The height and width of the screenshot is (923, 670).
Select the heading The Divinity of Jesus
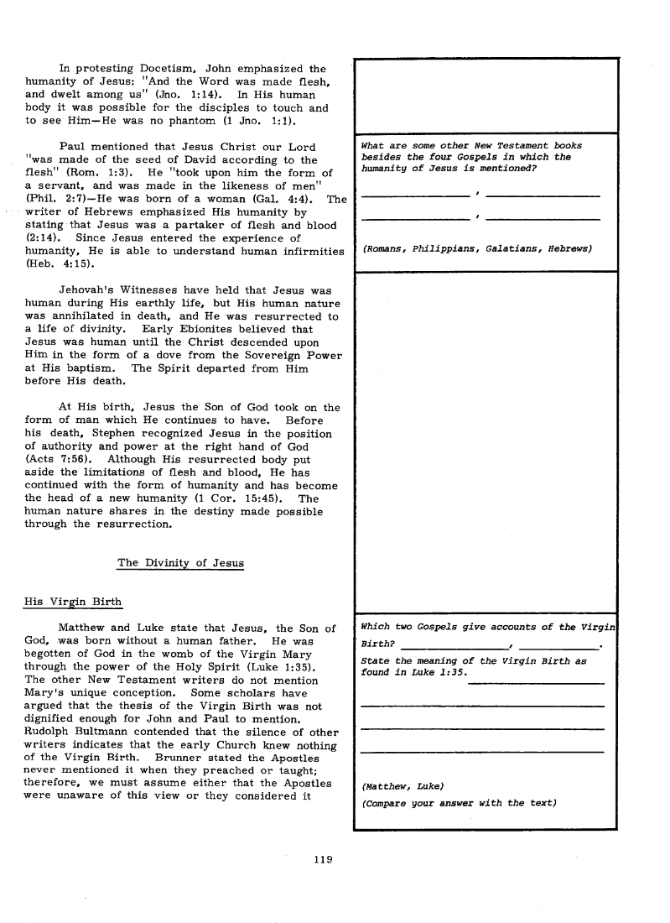pos(180,562)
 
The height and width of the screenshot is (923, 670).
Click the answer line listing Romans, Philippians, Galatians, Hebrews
pos(477,249)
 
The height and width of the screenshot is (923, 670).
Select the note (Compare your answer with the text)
pos(459,803)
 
